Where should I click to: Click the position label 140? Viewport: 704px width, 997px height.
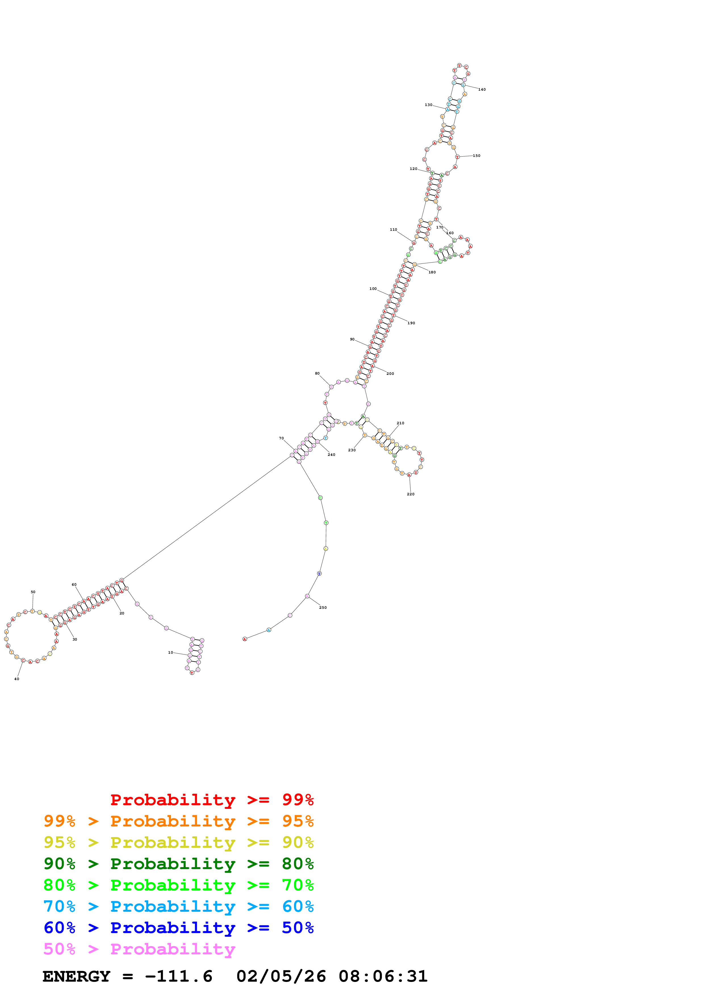click(x=482, y=90)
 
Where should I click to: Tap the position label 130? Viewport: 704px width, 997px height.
click(x=428, y=105)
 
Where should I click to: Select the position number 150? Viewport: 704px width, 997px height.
click(x=476, y=155)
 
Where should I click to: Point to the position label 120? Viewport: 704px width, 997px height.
click(x=413, y=169)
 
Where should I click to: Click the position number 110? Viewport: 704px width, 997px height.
click(x=393, y=230)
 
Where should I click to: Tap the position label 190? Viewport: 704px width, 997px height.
click(x=411, y=323)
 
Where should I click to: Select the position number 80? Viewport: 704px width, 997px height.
click(x=317, y=373)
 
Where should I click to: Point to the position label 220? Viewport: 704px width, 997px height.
click(x=410, y=494)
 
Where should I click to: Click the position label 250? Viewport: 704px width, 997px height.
click(x=323, y=607)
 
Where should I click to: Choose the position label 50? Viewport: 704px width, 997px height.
click(x=33, y=592)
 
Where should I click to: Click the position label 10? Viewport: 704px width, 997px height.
click(x=170, y=652)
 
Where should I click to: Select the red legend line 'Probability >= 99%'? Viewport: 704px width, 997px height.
click(x=212, y=799)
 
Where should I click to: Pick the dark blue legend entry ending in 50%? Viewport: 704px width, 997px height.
click(x=178, y=928)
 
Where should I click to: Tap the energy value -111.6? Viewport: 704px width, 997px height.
click(x=179, y=977)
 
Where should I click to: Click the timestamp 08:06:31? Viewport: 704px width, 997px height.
click(x=383, y=977)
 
